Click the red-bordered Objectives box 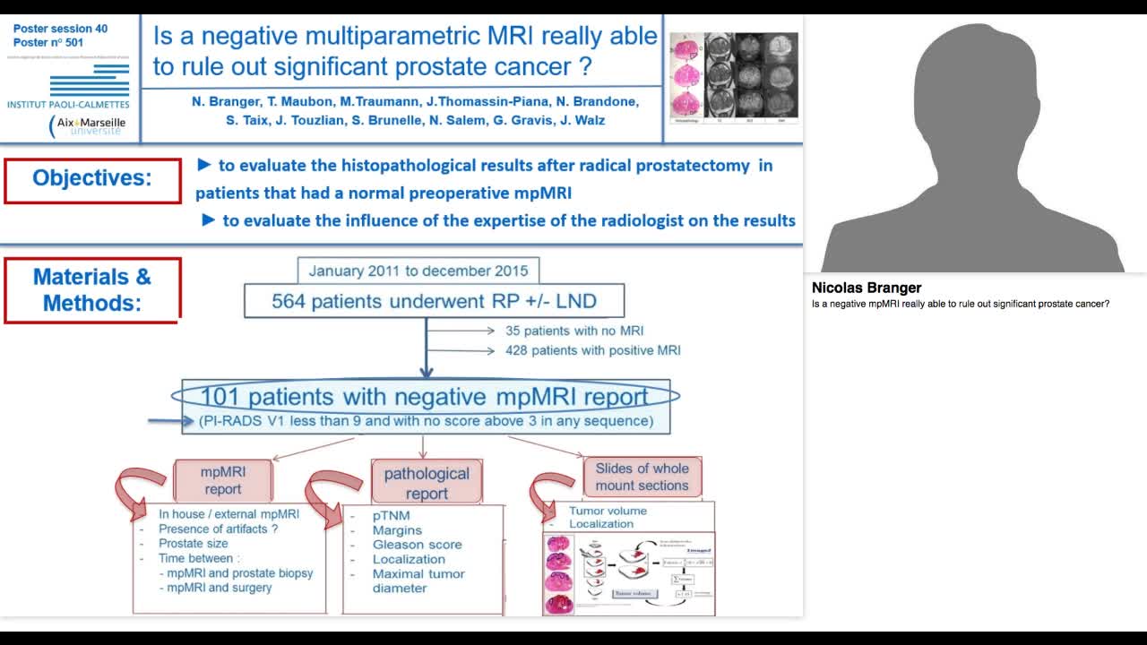point(92,179)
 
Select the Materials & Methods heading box point(92,289)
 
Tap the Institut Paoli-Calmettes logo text point(68,104)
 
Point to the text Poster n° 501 point(48,42)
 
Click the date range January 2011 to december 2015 point(418,271)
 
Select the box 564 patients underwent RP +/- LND point(434,301)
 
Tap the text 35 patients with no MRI point(574,331)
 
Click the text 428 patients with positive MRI point(592,350)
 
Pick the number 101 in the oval point(222,397)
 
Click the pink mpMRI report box point(222,480)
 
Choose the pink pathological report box point(427,483)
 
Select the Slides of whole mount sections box point(642,477)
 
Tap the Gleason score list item point(417,545)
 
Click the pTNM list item point(392,516)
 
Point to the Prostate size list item point(193,543)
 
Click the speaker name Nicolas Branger point(866,288)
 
